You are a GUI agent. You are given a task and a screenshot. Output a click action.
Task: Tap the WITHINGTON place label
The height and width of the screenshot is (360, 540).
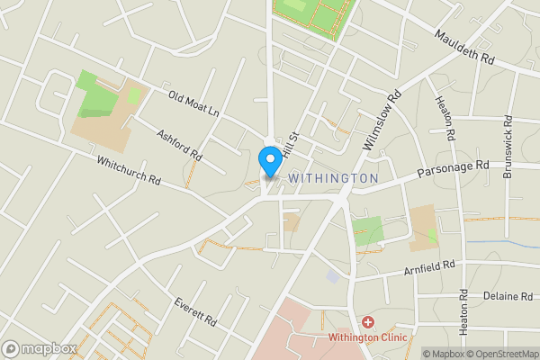[333, 179]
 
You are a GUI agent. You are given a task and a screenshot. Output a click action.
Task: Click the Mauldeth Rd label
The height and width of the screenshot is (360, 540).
[464, 48]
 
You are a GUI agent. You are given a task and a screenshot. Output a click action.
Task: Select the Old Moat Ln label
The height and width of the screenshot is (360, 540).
[193, 103]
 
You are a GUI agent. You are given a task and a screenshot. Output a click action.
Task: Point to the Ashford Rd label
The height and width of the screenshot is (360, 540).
[178, 145]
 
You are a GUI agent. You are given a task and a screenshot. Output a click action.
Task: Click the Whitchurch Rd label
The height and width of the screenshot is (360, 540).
[129, 167]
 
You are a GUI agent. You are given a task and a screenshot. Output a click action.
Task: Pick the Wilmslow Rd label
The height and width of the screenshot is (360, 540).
[382, 120]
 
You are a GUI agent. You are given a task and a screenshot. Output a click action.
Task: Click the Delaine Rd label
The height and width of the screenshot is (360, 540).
[508, 295]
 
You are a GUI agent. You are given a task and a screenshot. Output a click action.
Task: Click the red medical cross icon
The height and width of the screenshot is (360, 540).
[367, 322]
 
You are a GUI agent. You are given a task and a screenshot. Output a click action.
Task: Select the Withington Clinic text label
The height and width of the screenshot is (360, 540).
[367, 337]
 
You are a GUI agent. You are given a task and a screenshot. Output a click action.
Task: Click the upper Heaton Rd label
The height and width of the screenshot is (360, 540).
[443, 121]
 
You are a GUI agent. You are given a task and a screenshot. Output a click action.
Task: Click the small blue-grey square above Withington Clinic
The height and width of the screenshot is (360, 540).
[334, 277]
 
